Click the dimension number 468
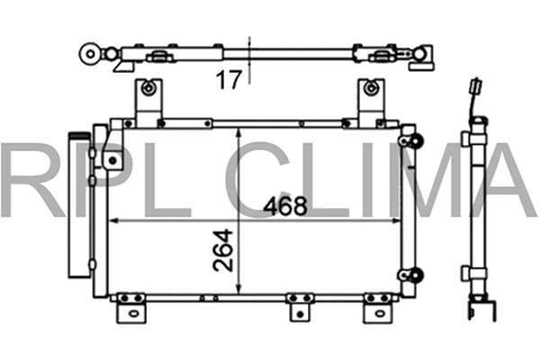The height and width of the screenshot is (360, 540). click(284, 206)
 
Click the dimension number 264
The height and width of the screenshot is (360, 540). click(223, 250)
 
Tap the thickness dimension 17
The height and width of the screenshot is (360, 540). click(229, 79)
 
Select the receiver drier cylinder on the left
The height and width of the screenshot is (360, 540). click(79, 205)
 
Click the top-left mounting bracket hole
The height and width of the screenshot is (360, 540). click(148, 88)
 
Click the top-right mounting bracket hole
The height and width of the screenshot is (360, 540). click(371, 88)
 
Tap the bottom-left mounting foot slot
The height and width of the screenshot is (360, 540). click(132, 313)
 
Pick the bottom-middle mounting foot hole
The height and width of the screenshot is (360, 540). click(301, 314)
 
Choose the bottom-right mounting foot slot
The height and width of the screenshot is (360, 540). click(379, 313)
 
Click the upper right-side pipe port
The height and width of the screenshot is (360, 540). click(416, 141)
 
